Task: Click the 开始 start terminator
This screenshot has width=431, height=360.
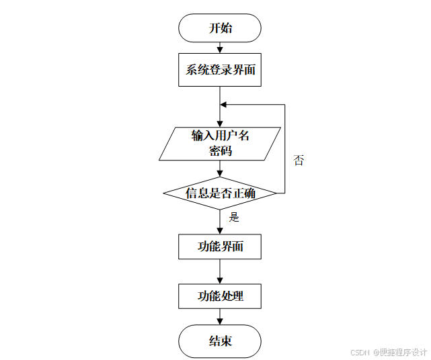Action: coord(220,28)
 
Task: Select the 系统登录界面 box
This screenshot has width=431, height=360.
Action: coord(220,70)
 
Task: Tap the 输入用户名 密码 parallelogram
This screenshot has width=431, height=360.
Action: coord(220,143)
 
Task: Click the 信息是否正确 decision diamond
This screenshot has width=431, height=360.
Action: coord(220,193)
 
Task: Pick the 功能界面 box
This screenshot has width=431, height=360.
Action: coord(220,246)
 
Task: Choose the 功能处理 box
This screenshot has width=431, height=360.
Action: coord(220,296)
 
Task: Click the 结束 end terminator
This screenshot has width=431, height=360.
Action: coord(220,341)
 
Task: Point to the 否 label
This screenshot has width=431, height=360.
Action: coord(299,161)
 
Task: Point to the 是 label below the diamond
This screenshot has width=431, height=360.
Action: coord(235,217)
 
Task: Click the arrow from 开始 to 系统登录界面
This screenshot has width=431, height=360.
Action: coord(220,48)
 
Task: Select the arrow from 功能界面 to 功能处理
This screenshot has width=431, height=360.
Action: coord(220,271)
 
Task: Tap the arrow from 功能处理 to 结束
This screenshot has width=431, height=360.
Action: coord(220,317)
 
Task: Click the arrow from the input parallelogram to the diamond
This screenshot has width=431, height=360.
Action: coord(220,169)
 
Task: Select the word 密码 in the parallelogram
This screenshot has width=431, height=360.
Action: coord(220,151)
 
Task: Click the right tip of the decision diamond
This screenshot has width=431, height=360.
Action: coord(276,193)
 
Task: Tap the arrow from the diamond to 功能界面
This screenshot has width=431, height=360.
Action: coord(220,222)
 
